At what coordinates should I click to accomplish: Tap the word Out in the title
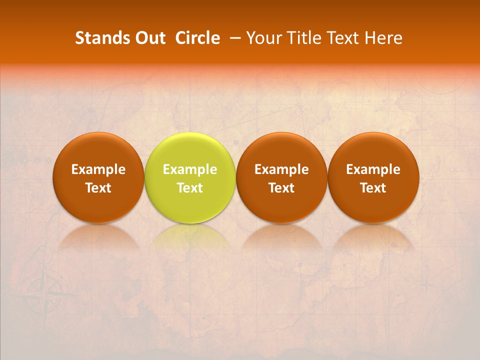pyautogui.click(x=148, y=38)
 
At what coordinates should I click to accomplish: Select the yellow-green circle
pyautogui.click(x=190, y=178)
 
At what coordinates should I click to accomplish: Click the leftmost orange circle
pyautogui.click(x=98, y=178)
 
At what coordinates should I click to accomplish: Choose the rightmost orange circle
pyautogui.click(x=373, y=178)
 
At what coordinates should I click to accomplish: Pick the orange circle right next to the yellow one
pyautogui.click(x=281, y=178)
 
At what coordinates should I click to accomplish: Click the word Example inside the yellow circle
pyautogui.click(x=190, y=169)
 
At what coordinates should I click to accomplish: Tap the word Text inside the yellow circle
pyautogui.click(x=190, y=188)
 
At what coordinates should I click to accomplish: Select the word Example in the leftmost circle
pyautogui.click(x=98, y=169)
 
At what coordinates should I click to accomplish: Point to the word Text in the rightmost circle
pyautogui.click(x=373, y=188)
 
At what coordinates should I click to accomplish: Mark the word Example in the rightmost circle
pyautogui.click(x=373, y=169)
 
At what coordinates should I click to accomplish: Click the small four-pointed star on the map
pyautogui.click(x=425, y=285)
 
